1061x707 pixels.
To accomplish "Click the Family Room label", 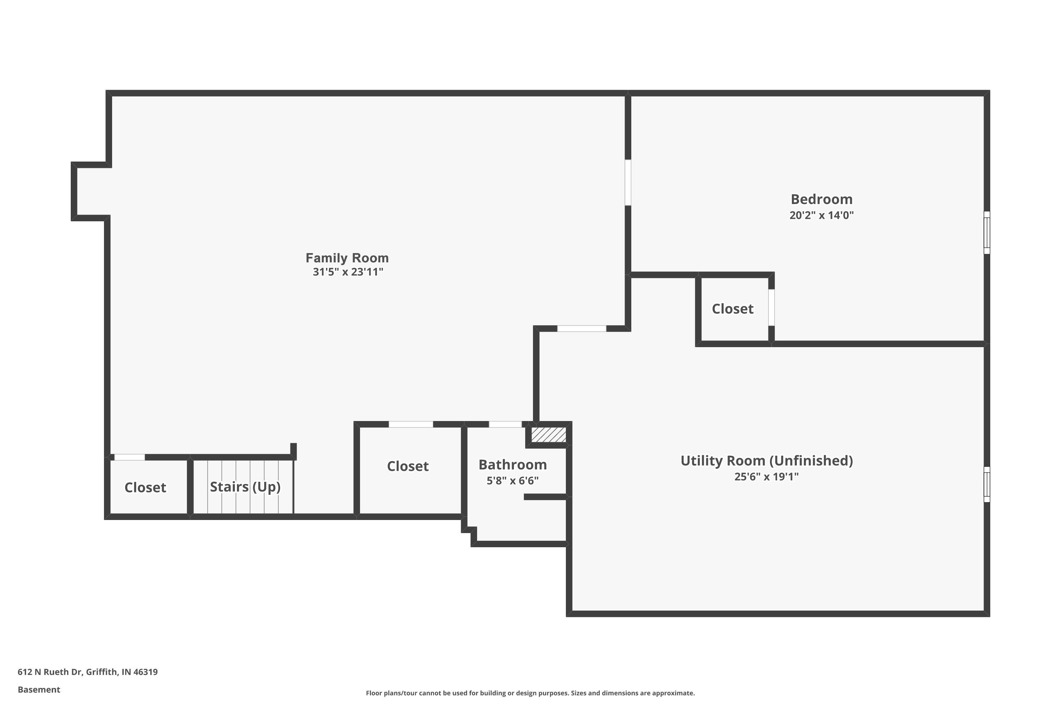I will click(347, 258).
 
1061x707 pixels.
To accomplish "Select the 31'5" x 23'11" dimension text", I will click(348, 272).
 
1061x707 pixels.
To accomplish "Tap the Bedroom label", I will click(822, 199).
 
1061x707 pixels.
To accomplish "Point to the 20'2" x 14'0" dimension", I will click(822, 215).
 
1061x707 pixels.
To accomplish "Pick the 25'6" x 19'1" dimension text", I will click(766, 477).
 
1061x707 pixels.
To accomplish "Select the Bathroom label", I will click(512, 464).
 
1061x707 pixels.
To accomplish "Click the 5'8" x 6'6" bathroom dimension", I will click(512, 481).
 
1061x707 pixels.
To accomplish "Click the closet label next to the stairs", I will click(145, 487).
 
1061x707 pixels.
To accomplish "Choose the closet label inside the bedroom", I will click(732, 309).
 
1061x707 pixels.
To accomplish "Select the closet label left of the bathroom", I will click(408, 466).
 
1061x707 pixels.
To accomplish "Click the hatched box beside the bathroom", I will click(548, 435).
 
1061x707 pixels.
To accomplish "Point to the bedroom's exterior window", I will click(987, 233).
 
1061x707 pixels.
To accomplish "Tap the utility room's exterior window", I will click(987, 484).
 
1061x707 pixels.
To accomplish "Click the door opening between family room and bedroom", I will click(627, 183).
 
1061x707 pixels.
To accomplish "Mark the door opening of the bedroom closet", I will click(771, 308).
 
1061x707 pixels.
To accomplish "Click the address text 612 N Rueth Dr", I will click(87, 672).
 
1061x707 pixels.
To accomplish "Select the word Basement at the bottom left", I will click(39, 689).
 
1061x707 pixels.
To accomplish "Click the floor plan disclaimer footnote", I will click(530, 693).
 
